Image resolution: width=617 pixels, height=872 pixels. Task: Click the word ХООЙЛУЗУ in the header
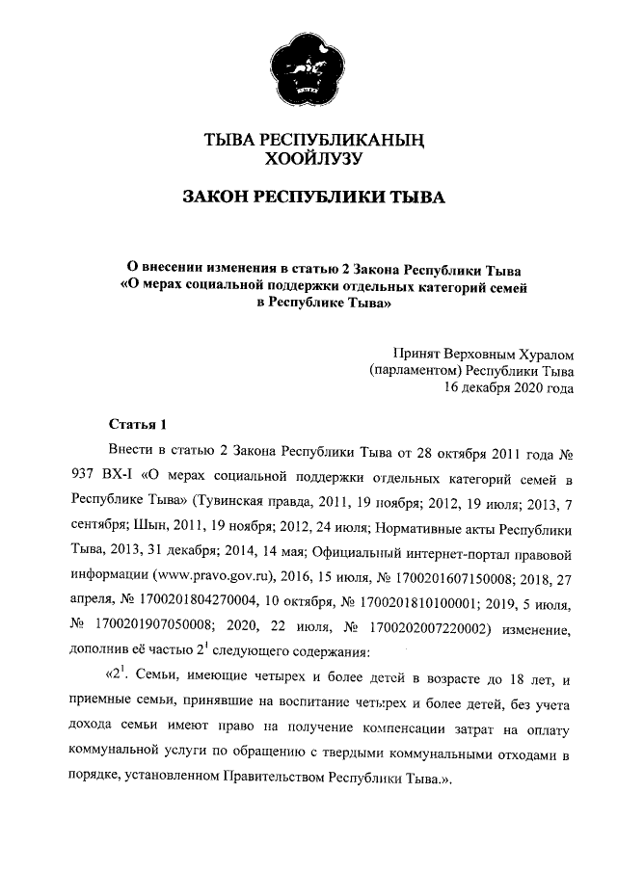click(308, 159)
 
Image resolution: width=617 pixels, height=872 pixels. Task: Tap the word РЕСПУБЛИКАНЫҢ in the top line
click(351, 140)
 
